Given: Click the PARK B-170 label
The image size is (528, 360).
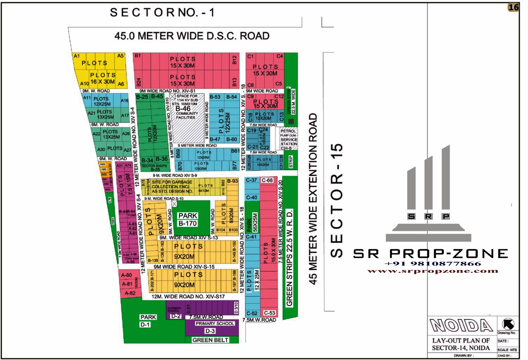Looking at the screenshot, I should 188,219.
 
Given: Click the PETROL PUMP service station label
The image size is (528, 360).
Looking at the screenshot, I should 289,139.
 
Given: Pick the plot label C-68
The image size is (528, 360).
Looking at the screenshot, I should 267,180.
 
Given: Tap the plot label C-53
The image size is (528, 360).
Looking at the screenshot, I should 269,313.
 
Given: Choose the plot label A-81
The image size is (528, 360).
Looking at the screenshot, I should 127,284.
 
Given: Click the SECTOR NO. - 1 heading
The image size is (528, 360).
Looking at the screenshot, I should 162,13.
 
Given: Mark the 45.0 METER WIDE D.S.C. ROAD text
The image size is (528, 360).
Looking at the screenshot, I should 192,36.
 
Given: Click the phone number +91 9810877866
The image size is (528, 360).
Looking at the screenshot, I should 433,264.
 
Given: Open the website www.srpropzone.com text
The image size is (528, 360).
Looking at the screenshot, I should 433,271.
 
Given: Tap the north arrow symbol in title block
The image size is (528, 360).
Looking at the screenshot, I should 508,324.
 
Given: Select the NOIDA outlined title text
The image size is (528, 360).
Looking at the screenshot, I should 461,326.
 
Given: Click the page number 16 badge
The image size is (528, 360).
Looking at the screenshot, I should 514,7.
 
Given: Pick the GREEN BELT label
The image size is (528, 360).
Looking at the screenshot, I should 210,340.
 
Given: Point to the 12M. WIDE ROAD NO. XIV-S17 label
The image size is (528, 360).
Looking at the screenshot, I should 188,297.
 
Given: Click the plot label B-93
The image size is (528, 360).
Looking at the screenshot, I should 232,181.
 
